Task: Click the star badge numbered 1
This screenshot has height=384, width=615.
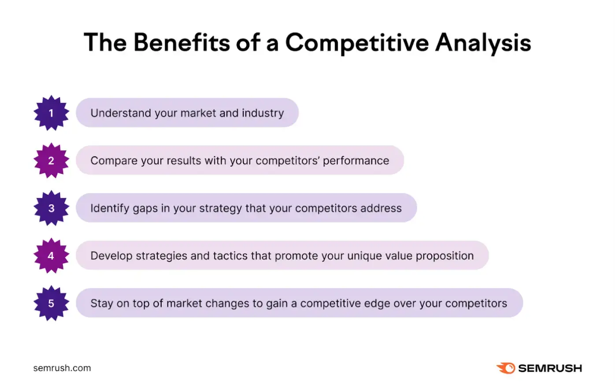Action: click(x=51, y=113)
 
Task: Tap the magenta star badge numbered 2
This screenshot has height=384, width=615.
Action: click(x=51, y=161)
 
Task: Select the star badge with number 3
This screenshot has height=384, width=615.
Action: click(x=51, y=208)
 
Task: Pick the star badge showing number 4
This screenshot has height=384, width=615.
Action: click(x=51, y=256)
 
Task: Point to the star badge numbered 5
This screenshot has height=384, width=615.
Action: click(x=51, y=303)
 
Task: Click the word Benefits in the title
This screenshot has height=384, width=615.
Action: click(x=182, y=43)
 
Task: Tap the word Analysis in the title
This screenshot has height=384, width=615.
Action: click(x=483, y=43)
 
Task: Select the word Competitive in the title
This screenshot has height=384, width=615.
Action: click(x=357, y=43)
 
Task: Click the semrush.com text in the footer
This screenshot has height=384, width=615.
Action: click(x=62, y=368)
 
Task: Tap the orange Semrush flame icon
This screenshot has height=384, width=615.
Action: click(x=506, y=368)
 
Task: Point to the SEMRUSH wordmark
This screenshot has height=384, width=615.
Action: click(x=550, y=368)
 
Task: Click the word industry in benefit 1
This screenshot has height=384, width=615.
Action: click(x=263, y=113)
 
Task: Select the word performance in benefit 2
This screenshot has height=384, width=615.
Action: click(x=356, y=161)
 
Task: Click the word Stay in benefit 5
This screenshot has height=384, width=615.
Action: click(x=101, y=303)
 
